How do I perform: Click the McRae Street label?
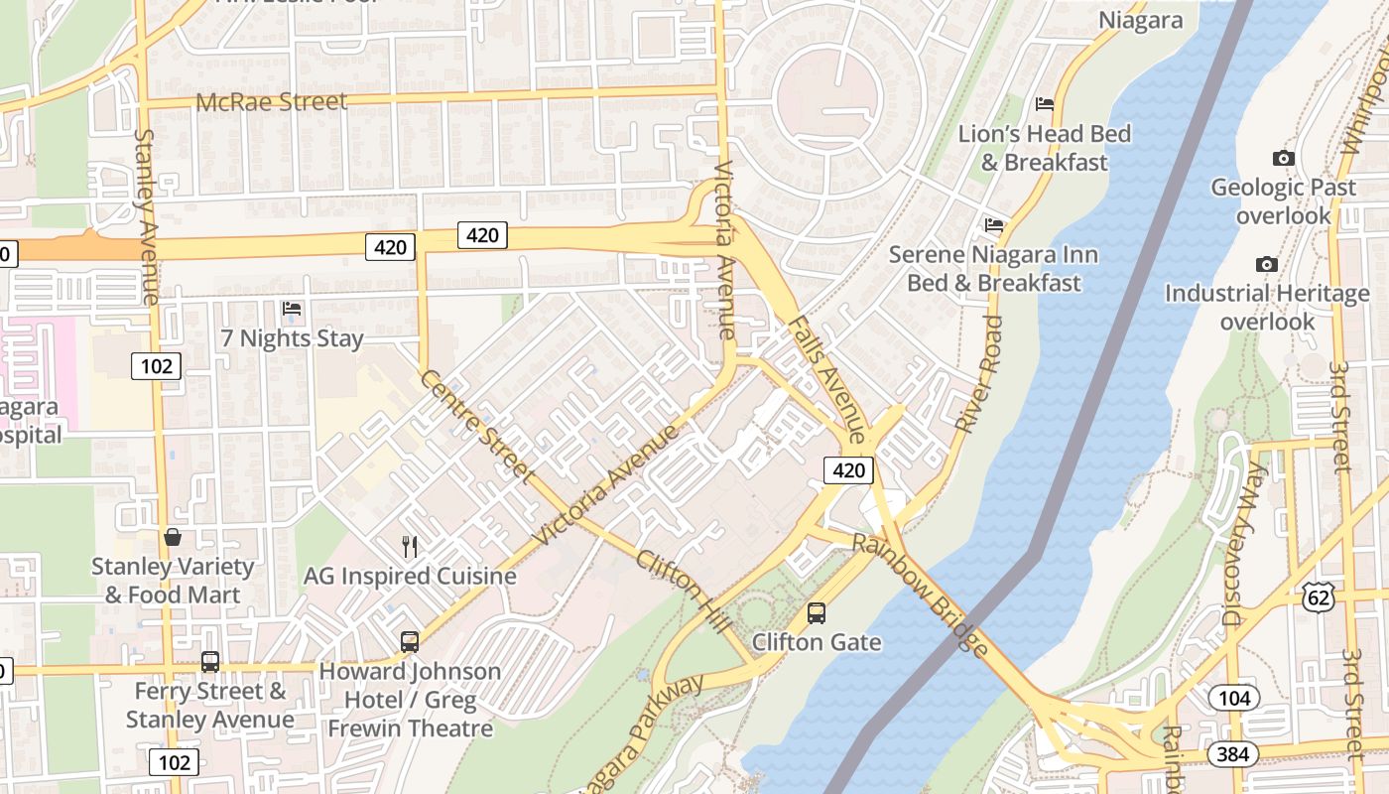tap(271, 101)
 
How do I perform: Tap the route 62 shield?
tap(1319, 596)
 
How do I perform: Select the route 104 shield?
tap(1234, 698)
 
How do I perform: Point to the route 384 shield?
tap(1232, 754)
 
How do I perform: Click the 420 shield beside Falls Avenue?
tap(848, 469)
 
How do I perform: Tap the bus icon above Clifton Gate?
tap(816, 613)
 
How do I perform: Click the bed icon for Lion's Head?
tap(1044, 103)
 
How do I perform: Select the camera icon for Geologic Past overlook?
tap(1283, 158)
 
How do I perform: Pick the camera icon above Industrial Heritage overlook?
tap(1266, 264)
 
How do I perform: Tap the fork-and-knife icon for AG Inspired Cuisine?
tap(409, 546)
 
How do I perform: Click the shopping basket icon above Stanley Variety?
tap(173, 537)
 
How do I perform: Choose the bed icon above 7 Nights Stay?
tap(292, 309)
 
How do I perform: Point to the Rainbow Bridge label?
tap(922, 595)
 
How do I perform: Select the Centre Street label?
tap(476, 425)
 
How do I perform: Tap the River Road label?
tap(978, 373)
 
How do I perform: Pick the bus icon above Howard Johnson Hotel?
tap(410, 642)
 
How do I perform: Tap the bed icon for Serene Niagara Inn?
tap(994, 225)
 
